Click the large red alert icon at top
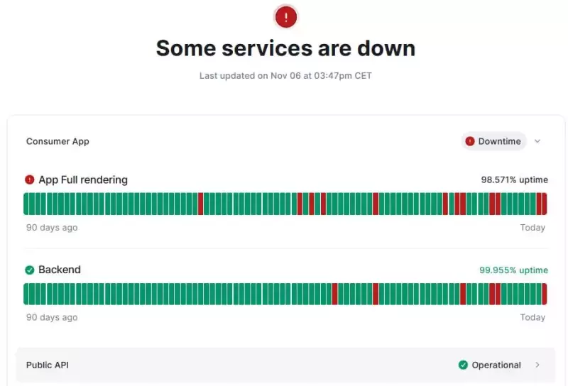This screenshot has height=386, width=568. tap(285, 17)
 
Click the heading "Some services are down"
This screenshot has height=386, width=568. tap(285, 48)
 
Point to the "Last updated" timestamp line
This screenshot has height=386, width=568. tap(285, 76)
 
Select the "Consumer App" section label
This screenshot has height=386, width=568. tap(58, 141)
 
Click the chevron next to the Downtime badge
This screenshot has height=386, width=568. tap(537, 141)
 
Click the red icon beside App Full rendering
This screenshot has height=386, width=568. tap(29, 180)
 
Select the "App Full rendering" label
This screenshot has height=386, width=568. tap(83, 180)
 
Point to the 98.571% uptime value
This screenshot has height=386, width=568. tap(514, 180)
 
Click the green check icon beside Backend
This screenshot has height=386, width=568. tap(29, 270)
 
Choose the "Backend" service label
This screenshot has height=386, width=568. tap(60, 270)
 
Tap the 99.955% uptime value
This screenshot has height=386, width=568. tap(513, 270)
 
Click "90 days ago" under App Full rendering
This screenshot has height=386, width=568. tap(52, 228)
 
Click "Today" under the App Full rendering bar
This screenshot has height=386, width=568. tap(532, 228)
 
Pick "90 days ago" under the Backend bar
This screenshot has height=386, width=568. tap(52, 317)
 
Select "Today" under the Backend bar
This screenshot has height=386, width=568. tap(532, 317)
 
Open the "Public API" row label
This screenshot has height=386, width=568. tap(48, 365)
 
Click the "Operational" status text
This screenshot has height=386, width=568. tap(496, 365)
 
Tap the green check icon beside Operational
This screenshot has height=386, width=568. tap(464, 365)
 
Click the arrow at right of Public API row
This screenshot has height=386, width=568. tap(537, 365)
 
